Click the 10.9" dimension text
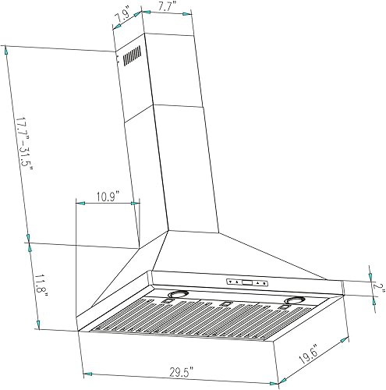point(108,198)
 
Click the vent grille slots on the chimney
point(131,57)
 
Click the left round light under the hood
point(179,295)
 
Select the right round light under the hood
point(295,301)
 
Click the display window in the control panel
point(246,282)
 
